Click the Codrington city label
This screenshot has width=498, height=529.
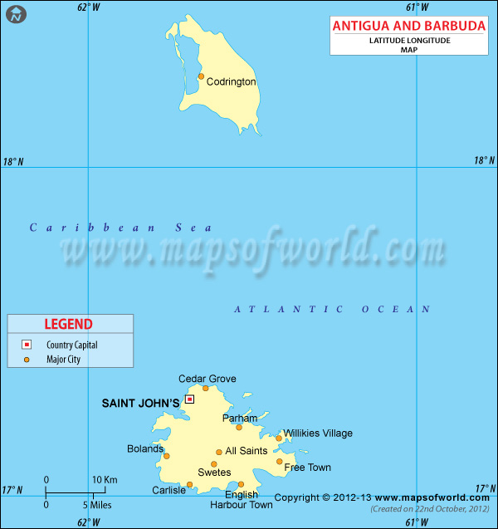click(231, 81)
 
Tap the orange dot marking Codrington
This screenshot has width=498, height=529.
click(201, 76)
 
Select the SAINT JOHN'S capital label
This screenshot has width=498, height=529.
click(140, 404)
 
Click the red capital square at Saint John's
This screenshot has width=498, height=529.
click(189, 399)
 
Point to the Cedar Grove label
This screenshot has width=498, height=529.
click(207, 379)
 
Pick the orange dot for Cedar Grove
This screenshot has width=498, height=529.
click(206, 388)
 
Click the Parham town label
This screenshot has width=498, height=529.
click(240, 419)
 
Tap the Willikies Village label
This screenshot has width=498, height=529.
click(318, 433)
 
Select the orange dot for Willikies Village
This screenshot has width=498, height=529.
click(279, 438)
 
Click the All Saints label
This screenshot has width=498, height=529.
click(247, 451)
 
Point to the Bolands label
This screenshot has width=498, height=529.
click(145, 449)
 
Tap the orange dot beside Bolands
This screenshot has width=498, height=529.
click(166, 456)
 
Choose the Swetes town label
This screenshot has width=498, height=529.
click(214, 473)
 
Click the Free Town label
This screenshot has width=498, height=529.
click(308, 468)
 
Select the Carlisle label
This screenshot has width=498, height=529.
click(168, 491)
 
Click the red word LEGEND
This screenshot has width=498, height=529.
click(71, 324)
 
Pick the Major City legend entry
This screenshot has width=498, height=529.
click(63, 360)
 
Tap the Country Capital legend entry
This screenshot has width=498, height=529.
click(71, 345)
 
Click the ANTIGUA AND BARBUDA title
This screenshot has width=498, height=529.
click(409, 26)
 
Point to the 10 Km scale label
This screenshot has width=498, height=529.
click(105, 479)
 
